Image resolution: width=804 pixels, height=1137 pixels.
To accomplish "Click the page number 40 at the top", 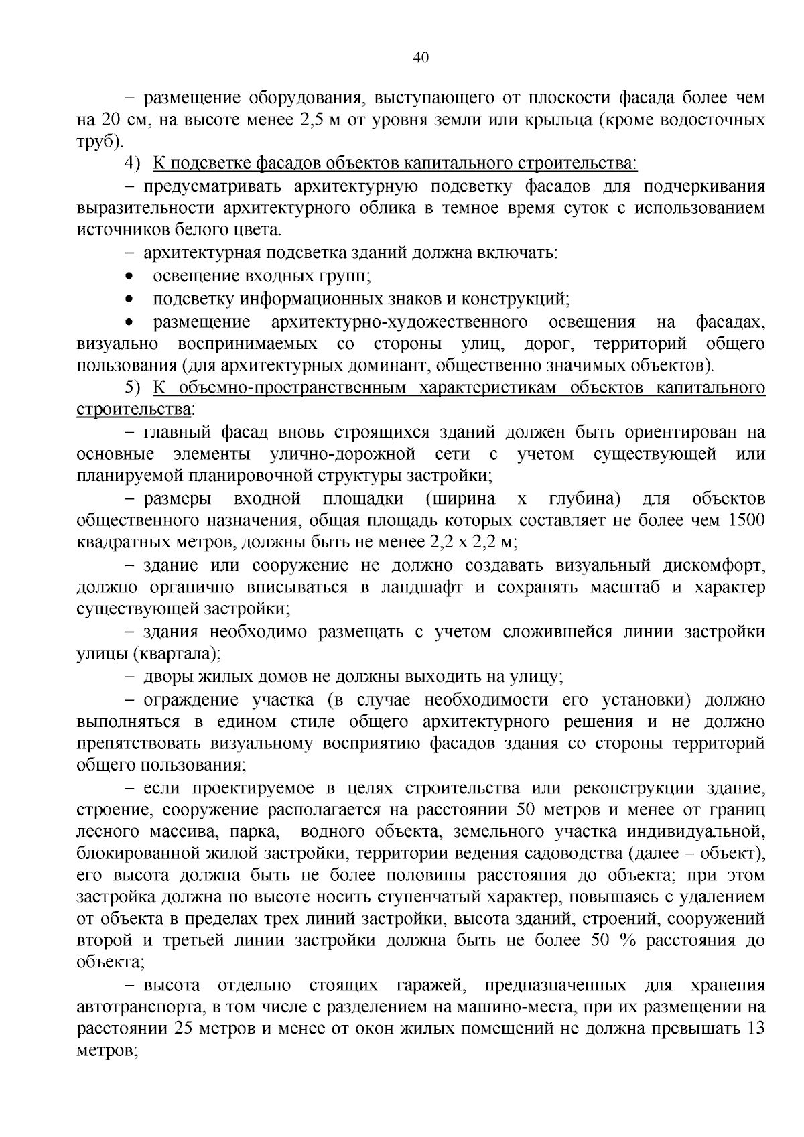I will click(x=421, y=58).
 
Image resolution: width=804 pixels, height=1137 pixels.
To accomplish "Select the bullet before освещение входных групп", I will click(x=130, y=277).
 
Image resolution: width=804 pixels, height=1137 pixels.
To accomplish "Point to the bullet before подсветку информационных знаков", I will click(x=130, y=299).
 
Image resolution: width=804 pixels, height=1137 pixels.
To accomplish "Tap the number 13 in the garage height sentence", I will click(x=755, y=1029).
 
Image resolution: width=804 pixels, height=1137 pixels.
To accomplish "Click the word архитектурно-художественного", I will click(x=399, y=322).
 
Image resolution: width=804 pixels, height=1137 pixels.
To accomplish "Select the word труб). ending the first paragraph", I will click(x=100, y=142).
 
